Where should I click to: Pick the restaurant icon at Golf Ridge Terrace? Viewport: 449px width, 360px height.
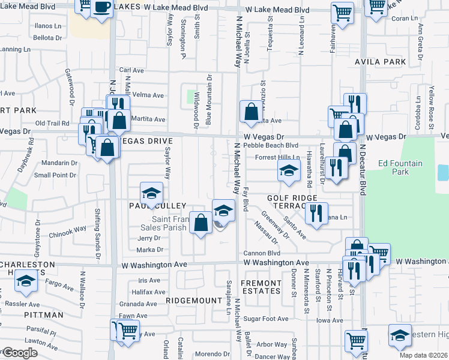316,213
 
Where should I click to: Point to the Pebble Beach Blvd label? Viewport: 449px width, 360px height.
276,145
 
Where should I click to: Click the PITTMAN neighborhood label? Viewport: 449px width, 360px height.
44,314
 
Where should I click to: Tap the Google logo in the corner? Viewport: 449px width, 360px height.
20,353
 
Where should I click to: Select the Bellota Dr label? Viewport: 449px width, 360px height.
49,37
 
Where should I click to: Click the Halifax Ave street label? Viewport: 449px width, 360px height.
147,292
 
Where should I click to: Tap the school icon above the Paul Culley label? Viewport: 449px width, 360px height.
151,193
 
